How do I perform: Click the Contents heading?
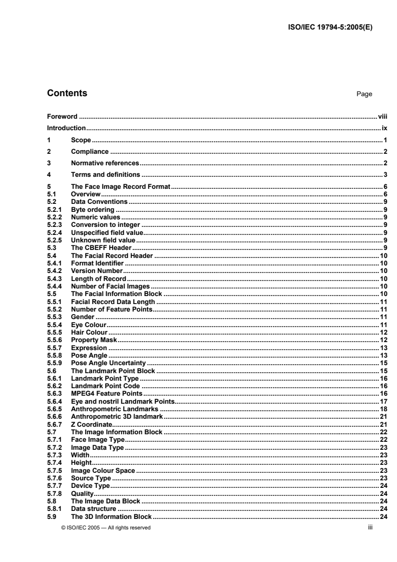(67, 93)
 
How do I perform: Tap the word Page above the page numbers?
(364, 94)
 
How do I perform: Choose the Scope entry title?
(81, 140)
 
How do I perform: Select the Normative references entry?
(105, 163)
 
